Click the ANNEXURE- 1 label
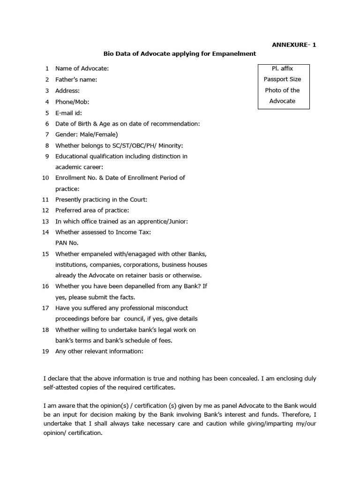[x=294, y=45]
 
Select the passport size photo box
[x=283, y=87]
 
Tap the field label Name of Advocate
[x=82, y=69]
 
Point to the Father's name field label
[x=76, y=80]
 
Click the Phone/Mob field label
[x=72, y=102]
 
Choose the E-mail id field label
[x=68, y=112]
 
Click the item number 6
[x=47, y=124]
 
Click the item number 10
[x=45, y=178]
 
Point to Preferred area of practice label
[x=92, y=210]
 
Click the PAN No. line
[x=67, y=243]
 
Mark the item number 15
[x=45, y=254]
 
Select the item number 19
[x=45, y=351]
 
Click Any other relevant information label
[x=99, y=351]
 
